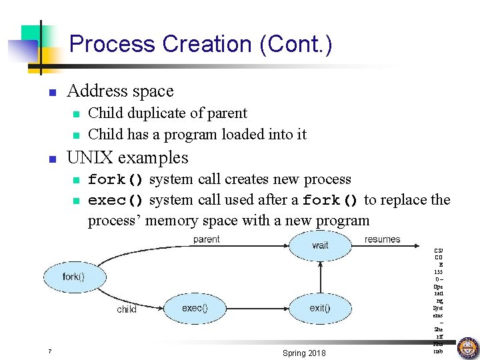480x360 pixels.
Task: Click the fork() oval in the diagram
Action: [x=73, y=276]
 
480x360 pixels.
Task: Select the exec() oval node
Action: [x=195, y=308]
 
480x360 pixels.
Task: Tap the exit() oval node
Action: [x=320, y=308]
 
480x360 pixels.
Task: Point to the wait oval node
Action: [x=320, y=245]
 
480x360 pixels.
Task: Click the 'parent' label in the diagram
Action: [x=206, y=239]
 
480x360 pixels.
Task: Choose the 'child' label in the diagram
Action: [x=127, y=309]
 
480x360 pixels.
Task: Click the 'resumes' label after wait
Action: [x=383, y=239]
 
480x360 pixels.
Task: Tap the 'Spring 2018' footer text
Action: [x=304, y=353]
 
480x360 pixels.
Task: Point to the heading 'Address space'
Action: [x=120, y=91]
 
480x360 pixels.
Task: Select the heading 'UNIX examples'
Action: [x=127, y=158]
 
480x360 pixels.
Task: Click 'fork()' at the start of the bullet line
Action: [x=115, y=180]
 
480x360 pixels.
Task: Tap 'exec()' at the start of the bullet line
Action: [x=115, y=201]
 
